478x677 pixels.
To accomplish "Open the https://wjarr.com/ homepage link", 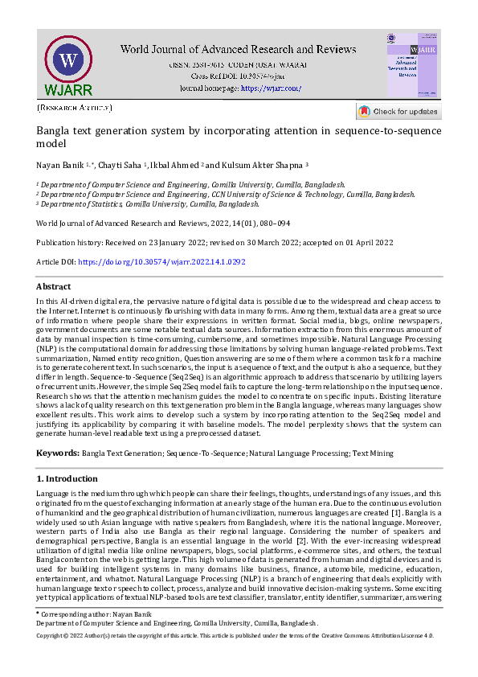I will click(x=271, y=88).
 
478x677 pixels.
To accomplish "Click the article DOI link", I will click(x=161, y=262).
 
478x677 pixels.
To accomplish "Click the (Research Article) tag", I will click(x=75, y=108).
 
